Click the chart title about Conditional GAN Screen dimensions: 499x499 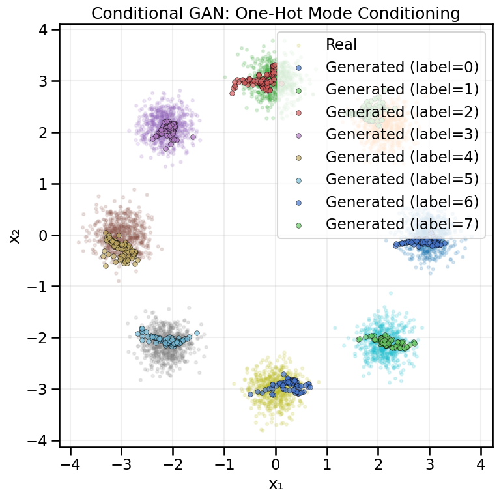point(276,13)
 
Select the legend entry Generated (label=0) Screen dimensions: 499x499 point(402,66)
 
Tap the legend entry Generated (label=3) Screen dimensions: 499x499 point(402,133)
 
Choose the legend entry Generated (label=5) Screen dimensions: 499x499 point(402,179)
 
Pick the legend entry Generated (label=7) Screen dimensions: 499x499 point(402,224)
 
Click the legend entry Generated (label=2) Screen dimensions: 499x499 point(402,111)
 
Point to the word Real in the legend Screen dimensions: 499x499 point(341,44)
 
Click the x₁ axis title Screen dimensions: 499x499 point(276,483)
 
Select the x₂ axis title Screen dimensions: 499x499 point(14,236)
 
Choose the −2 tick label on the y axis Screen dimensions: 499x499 point(41,338)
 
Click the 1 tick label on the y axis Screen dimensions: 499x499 point(45,184)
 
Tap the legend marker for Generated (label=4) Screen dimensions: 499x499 point(298,157)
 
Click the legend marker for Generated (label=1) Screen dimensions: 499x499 point(298,89)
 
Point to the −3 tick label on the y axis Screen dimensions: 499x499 point(41,390)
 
